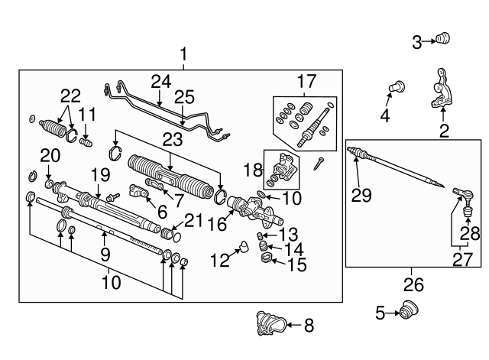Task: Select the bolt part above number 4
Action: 396,87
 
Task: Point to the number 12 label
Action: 220,261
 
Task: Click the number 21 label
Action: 194,219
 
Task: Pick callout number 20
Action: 50,155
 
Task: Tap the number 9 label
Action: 105,251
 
